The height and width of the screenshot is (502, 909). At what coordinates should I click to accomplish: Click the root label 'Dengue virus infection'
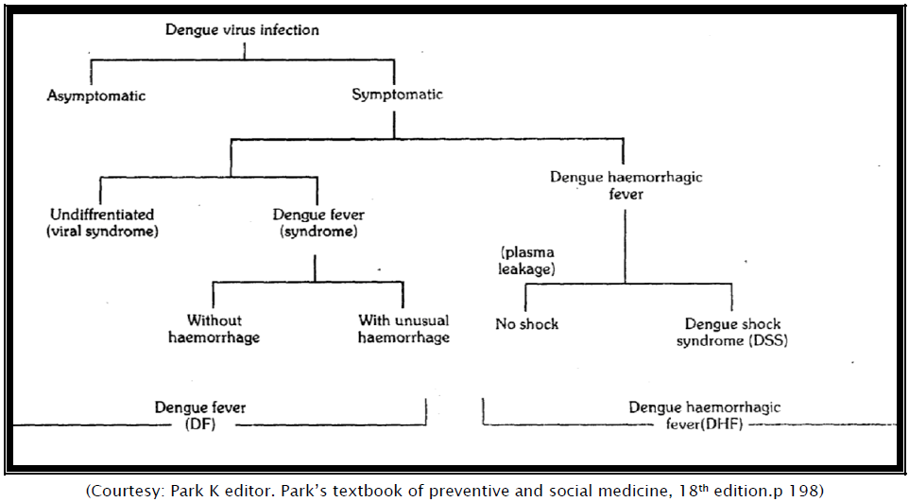(242, 29)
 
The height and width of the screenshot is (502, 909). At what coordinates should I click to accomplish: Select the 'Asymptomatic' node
(96, 95)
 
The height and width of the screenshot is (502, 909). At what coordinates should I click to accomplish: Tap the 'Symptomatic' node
(397, 95)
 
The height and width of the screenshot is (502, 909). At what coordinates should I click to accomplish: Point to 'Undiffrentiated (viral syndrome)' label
(102, 223)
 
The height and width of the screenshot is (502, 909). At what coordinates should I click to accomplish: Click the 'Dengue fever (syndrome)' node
(318, 223)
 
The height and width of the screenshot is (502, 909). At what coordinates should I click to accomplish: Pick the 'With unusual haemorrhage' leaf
(403, 329)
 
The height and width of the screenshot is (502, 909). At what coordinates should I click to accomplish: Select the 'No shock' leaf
(526, 324)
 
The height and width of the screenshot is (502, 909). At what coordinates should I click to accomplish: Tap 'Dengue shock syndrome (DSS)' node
(731, 332)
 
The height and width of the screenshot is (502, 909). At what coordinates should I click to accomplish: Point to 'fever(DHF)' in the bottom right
(704, 424)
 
